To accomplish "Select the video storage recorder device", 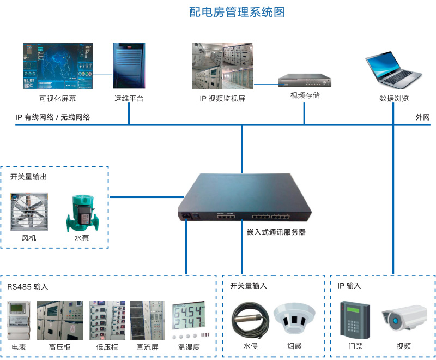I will click(x=305, y=81).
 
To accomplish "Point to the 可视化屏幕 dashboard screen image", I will click(x=58, y=66).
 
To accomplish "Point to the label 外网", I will click(x=423, y=117).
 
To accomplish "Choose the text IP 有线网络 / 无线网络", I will click(x=53, y=117).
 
